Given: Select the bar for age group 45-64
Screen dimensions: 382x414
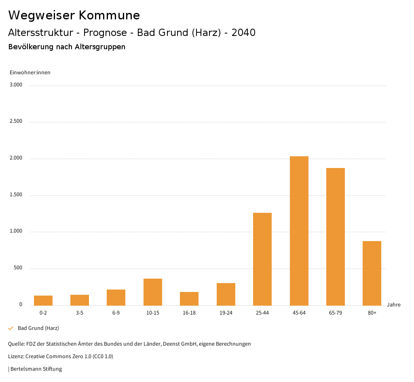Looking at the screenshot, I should [299, 231].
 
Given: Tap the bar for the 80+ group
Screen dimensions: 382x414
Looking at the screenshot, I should [372, 273].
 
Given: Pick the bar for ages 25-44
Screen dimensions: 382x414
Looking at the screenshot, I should [262, 259].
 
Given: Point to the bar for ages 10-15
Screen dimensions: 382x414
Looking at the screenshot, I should [153, 292].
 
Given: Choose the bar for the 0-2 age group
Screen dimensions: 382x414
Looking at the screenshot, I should [43, 300].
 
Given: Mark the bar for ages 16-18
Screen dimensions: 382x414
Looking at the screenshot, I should [189, 298].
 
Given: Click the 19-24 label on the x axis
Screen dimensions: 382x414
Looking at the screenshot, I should [226, 313].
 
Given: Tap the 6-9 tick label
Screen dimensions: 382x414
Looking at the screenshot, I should [116, 313].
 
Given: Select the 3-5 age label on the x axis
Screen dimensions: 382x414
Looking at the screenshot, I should [80, 313].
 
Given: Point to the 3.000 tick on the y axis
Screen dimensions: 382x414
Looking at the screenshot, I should [16, 85].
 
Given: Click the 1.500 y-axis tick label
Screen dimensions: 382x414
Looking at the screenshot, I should [16, 195].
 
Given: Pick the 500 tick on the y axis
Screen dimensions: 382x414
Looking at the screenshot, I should [18, 268].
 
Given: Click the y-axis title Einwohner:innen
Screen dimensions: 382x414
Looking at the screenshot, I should [30, 73].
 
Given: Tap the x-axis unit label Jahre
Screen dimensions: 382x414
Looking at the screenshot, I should [394, 305].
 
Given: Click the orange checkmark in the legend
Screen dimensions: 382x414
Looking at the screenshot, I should [11, 328].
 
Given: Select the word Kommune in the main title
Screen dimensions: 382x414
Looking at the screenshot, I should [109, 15].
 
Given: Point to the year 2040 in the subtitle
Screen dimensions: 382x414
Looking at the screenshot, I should [243, 33].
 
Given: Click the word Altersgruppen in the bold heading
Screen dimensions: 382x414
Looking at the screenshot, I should [100, 47].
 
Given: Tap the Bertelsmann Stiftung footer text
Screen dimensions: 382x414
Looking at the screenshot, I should [36, 369].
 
